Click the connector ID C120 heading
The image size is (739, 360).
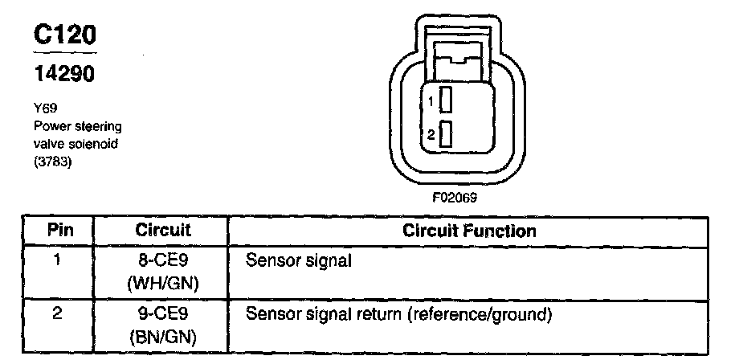[x=63, y=35]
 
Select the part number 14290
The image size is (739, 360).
[x=63, y=74]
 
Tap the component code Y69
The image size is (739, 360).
[x=42, y=105]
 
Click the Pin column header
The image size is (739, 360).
[x=61, y=231]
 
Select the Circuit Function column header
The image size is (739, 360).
[x=469, y=231]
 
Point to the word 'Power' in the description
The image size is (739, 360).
[x=49, y=126]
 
